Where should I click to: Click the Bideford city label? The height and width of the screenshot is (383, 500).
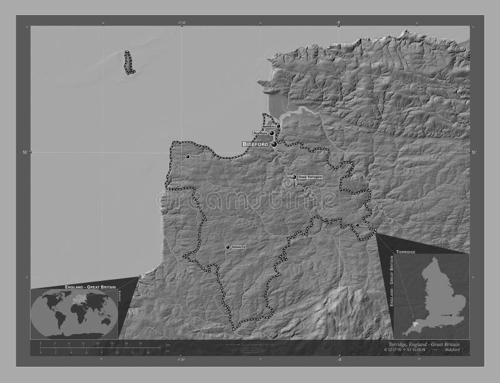click(256, 144)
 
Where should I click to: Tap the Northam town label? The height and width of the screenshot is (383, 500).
click(260, 133)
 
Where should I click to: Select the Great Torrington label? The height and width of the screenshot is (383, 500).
click(311, 177)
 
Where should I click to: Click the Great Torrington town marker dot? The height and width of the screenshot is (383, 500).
click(294, 177)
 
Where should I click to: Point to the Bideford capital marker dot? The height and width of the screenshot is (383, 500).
click(274, 144)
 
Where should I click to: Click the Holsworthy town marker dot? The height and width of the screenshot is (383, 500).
click(228, 247)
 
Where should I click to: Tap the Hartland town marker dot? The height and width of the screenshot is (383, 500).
click(187, 156)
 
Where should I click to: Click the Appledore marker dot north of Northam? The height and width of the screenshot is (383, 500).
click(278, 126)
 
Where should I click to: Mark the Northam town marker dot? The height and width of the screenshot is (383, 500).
click(272, 133)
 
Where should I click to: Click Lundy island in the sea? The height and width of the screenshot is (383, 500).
click(129, 63)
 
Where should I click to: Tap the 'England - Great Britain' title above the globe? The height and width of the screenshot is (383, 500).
click(84, 286)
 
